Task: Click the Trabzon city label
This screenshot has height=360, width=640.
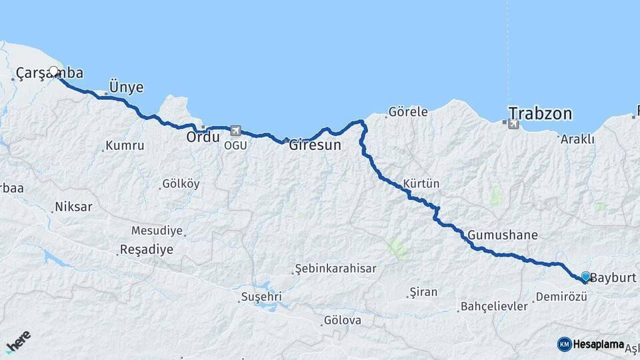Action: click(x=540, y=113)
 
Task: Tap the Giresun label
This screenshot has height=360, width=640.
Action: click(x=315, y=144)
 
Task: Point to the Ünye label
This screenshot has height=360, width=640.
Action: click(x=126, y=87)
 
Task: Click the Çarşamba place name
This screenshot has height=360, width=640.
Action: click(x=49, y=73)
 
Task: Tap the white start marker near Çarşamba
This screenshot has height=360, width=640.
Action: click(x=54, y=71)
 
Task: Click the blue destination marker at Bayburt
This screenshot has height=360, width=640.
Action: click(x=585, y=276)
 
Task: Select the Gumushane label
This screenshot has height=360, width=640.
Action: click(x=502, y=235)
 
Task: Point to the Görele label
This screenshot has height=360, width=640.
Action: click(x=407, y=111)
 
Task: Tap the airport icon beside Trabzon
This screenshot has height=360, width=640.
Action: click(x=513, y=124)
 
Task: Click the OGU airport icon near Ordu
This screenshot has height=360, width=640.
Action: click(x=235, y=131)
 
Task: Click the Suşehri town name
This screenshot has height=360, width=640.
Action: click(x=262, y=295)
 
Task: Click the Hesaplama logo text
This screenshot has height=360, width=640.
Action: click(x=598, y=344)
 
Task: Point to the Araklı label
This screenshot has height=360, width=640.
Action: click(x=577, y=139)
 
